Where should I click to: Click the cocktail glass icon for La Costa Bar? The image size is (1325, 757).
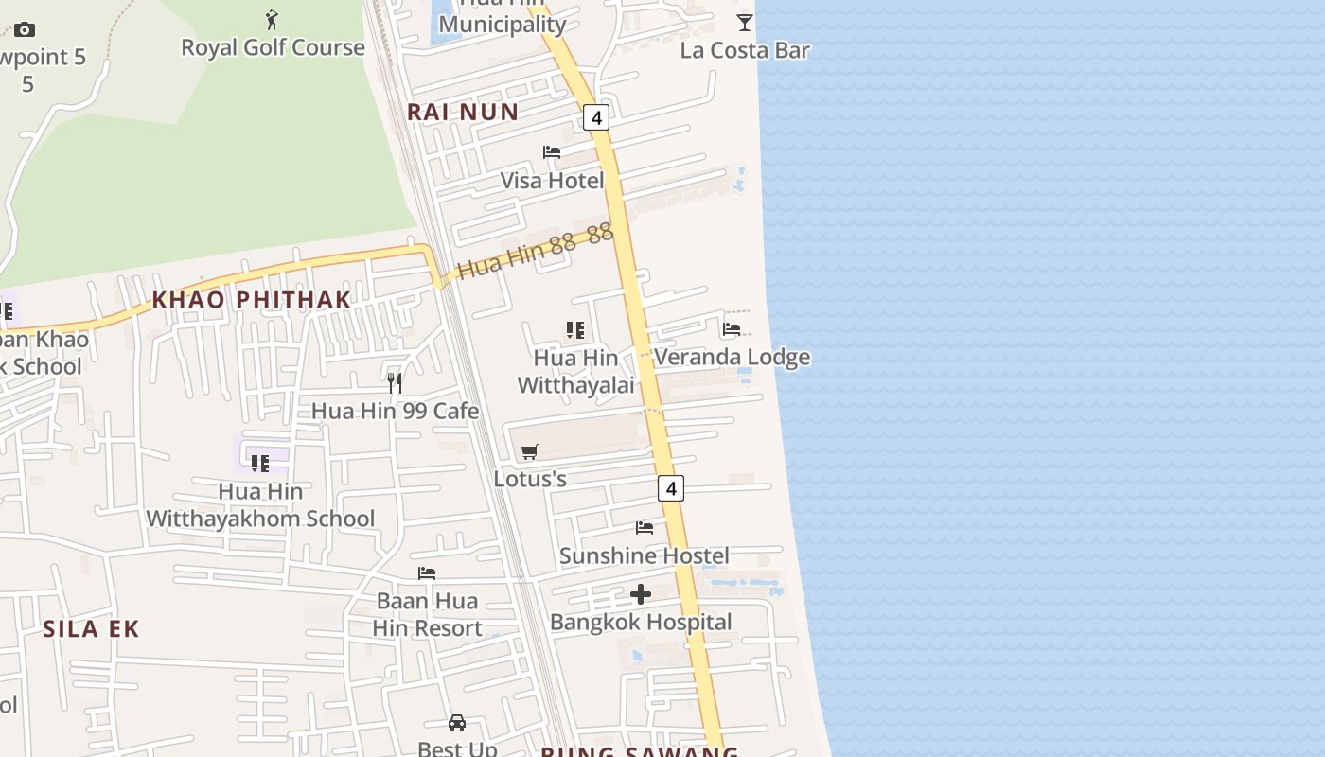coord(745,22)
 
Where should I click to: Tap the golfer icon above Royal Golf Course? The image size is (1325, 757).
coord(273,19)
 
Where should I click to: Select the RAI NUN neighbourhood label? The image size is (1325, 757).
coord(463,112)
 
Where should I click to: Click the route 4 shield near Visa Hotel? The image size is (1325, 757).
coord(595,117)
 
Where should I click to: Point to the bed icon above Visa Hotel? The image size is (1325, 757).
coord(552,152)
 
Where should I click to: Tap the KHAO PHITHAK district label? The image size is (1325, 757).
coord(252,300)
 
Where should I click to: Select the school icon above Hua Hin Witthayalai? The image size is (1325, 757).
coord(575,330)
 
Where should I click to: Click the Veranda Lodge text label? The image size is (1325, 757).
coord(732,357)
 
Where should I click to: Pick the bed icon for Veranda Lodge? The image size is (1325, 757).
coord(732,329)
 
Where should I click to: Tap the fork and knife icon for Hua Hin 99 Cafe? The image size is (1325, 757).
coord(395,383)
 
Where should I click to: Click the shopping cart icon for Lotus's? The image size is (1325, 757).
coord(530,452)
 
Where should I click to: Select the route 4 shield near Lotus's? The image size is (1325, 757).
coord(670,488)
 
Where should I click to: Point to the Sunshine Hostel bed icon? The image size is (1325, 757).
coord(645,528)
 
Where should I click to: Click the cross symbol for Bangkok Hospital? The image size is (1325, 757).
coord(641,594)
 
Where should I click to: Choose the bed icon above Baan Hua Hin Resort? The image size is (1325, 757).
coord(427,573)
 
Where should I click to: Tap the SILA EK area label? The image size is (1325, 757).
coord(91,629)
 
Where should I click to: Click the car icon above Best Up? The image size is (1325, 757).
coord(457,723)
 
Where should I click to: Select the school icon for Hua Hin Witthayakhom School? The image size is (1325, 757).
coord(259,464)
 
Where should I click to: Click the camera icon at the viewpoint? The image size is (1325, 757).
coord(25,30)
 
